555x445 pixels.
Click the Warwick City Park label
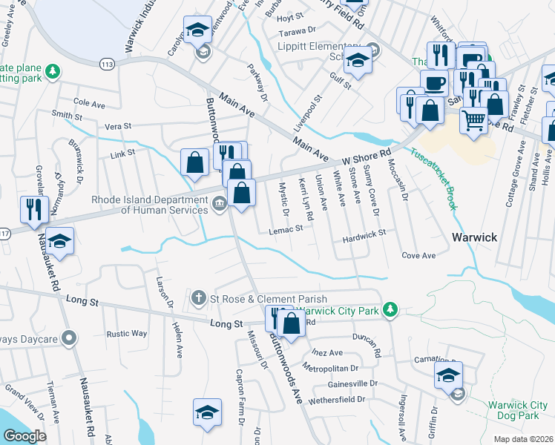click(x=344, y=309)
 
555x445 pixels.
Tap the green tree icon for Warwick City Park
click(x=395, y=309)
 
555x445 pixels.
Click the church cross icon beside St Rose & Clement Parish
click(x=198, y=299)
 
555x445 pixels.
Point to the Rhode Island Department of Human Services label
click(x=149, y=204)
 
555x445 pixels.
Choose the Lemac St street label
click(x=286, y=230)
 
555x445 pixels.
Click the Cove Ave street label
click(x=418, y=256)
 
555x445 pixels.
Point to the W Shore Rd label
click(x=367, y=157)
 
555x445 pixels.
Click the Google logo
click(x=24, y=436)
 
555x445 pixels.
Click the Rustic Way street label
click(x=126, y=333)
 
